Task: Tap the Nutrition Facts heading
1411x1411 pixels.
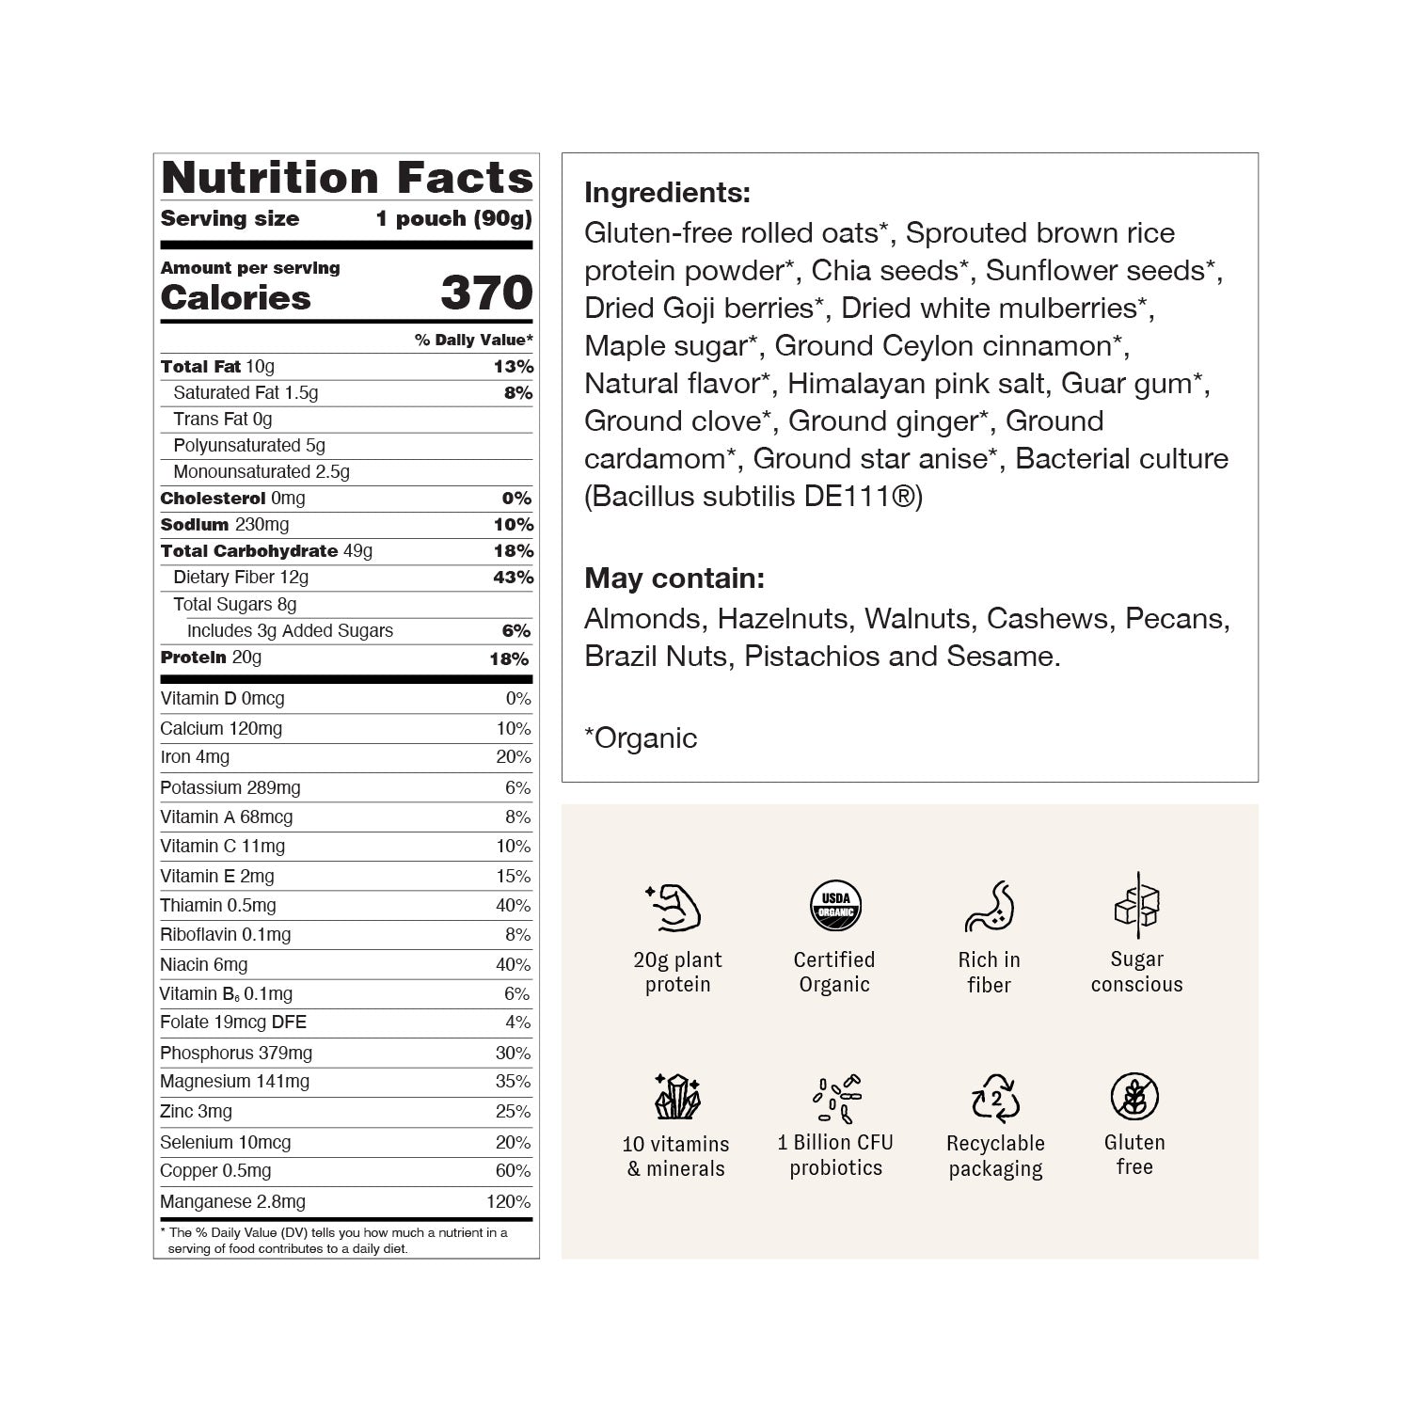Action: pos(347,177)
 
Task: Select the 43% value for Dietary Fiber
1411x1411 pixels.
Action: pos(513,577)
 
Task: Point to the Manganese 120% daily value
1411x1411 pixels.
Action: pos(508,1201)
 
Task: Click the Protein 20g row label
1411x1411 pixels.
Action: pos(211,658)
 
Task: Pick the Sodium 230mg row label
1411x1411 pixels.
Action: pos(224,524)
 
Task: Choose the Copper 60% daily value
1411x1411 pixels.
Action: pos(513,1171)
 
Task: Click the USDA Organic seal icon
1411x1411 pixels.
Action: pos(835,905)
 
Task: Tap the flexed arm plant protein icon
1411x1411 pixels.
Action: pos(674,907)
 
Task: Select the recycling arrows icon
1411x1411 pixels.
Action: pos(995,1098)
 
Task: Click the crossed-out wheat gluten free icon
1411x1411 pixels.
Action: pos(1134,1097)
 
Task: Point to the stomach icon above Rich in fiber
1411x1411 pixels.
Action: pos(989,905)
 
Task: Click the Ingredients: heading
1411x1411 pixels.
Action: pos(667,193)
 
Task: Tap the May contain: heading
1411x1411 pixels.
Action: pos(674,578)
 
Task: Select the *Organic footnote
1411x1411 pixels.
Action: pos(641,738)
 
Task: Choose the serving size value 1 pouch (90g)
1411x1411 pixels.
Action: pos(453,219)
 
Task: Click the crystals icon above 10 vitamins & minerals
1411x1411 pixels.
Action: pos(676,1096)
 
